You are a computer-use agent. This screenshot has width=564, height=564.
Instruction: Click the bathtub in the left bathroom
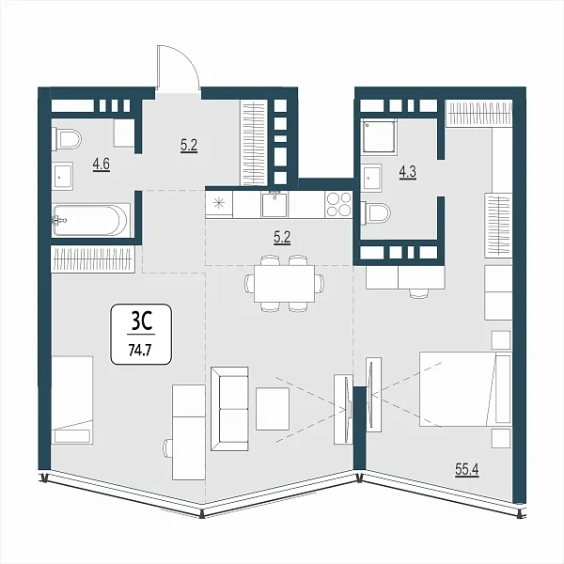point(91,220)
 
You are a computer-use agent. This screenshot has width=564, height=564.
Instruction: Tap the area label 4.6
point(102,164)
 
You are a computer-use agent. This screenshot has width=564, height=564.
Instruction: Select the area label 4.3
point(408,172)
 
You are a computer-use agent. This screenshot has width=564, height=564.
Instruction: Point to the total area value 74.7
point(140,350)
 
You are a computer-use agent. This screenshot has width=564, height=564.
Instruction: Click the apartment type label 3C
point(141,321)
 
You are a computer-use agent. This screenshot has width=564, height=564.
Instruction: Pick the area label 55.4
point(467,469)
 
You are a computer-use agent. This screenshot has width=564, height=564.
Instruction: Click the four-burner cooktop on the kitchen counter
point(338,204)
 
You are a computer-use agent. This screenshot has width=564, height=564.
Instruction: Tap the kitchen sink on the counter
point(274,204)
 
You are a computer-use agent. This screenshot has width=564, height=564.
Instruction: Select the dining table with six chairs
point(284,284)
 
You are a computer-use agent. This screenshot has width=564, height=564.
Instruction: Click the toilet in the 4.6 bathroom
point(67,139)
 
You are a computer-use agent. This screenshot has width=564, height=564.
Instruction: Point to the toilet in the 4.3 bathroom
point(375,213)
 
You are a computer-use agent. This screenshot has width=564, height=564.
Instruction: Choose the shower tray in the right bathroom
point(379,136)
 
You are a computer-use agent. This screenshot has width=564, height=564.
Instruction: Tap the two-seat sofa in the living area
point(229,409)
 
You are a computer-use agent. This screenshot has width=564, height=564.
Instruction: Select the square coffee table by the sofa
point(273,409)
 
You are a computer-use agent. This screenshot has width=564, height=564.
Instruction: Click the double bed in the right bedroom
point(465,389)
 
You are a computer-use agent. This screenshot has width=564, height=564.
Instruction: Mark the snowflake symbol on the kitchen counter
point(219,204)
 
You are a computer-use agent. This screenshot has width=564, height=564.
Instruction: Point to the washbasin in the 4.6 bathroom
point(63,176)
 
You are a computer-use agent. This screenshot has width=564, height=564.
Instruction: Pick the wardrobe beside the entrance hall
point(254,143)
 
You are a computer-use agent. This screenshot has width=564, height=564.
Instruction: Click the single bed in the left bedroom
point(72,400)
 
